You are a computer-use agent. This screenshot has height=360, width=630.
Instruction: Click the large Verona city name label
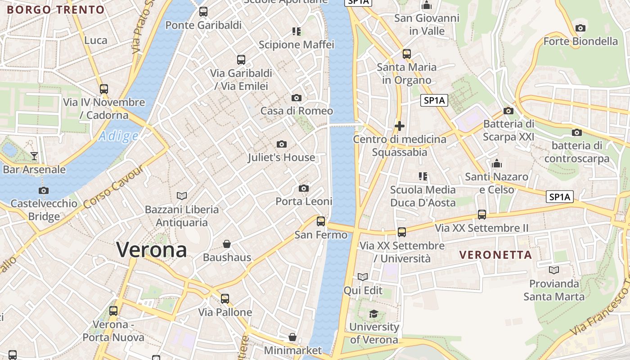tap(152, 250)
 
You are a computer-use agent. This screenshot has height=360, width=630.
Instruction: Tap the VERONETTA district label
tap(495, 255)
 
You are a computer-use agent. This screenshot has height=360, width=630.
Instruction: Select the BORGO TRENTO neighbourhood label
tap(55, 9)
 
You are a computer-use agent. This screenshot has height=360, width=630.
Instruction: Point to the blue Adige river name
tap(118, 136)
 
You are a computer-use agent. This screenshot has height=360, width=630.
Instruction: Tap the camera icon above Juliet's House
tap(282, 144)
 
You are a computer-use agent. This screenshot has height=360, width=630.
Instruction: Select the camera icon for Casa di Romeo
tap(297, 98)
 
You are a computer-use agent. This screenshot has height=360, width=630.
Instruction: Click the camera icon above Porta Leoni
tap(304, 188)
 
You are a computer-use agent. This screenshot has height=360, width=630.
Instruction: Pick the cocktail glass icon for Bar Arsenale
tap(34, 156)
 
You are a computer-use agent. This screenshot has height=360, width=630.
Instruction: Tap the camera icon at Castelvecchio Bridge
tap(44, 190)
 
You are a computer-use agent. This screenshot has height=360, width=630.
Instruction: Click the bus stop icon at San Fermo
tap(321, 221)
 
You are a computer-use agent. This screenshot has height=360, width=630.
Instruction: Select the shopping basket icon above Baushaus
tap(227, 244)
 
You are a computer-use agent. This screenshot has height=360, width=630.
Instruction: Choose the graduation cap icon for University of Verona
tap(373, 314)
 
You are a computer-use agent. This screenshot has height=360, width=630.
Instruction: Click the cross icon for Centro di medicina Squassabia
tap(399, 126)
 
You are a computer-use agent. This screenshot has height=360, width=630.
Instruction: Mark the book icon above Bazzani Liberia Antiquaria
tap(182, 196)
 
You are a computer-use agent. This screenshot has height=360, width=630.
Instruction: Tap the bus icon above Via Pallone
tap(225, 298)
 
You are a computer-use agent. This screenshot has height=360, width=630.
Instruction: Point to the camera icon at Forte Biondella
tap(580, 28)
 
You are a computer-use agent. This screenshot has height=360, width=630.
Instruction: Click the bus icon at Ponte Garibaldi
tap(203, 12)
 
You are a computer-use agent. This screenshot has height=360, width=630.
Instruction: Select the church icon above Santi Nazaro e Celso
tap(497, 163)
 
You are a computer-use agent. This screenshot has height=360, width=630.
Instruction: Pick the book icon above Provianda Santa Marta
tap(554, 270)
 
